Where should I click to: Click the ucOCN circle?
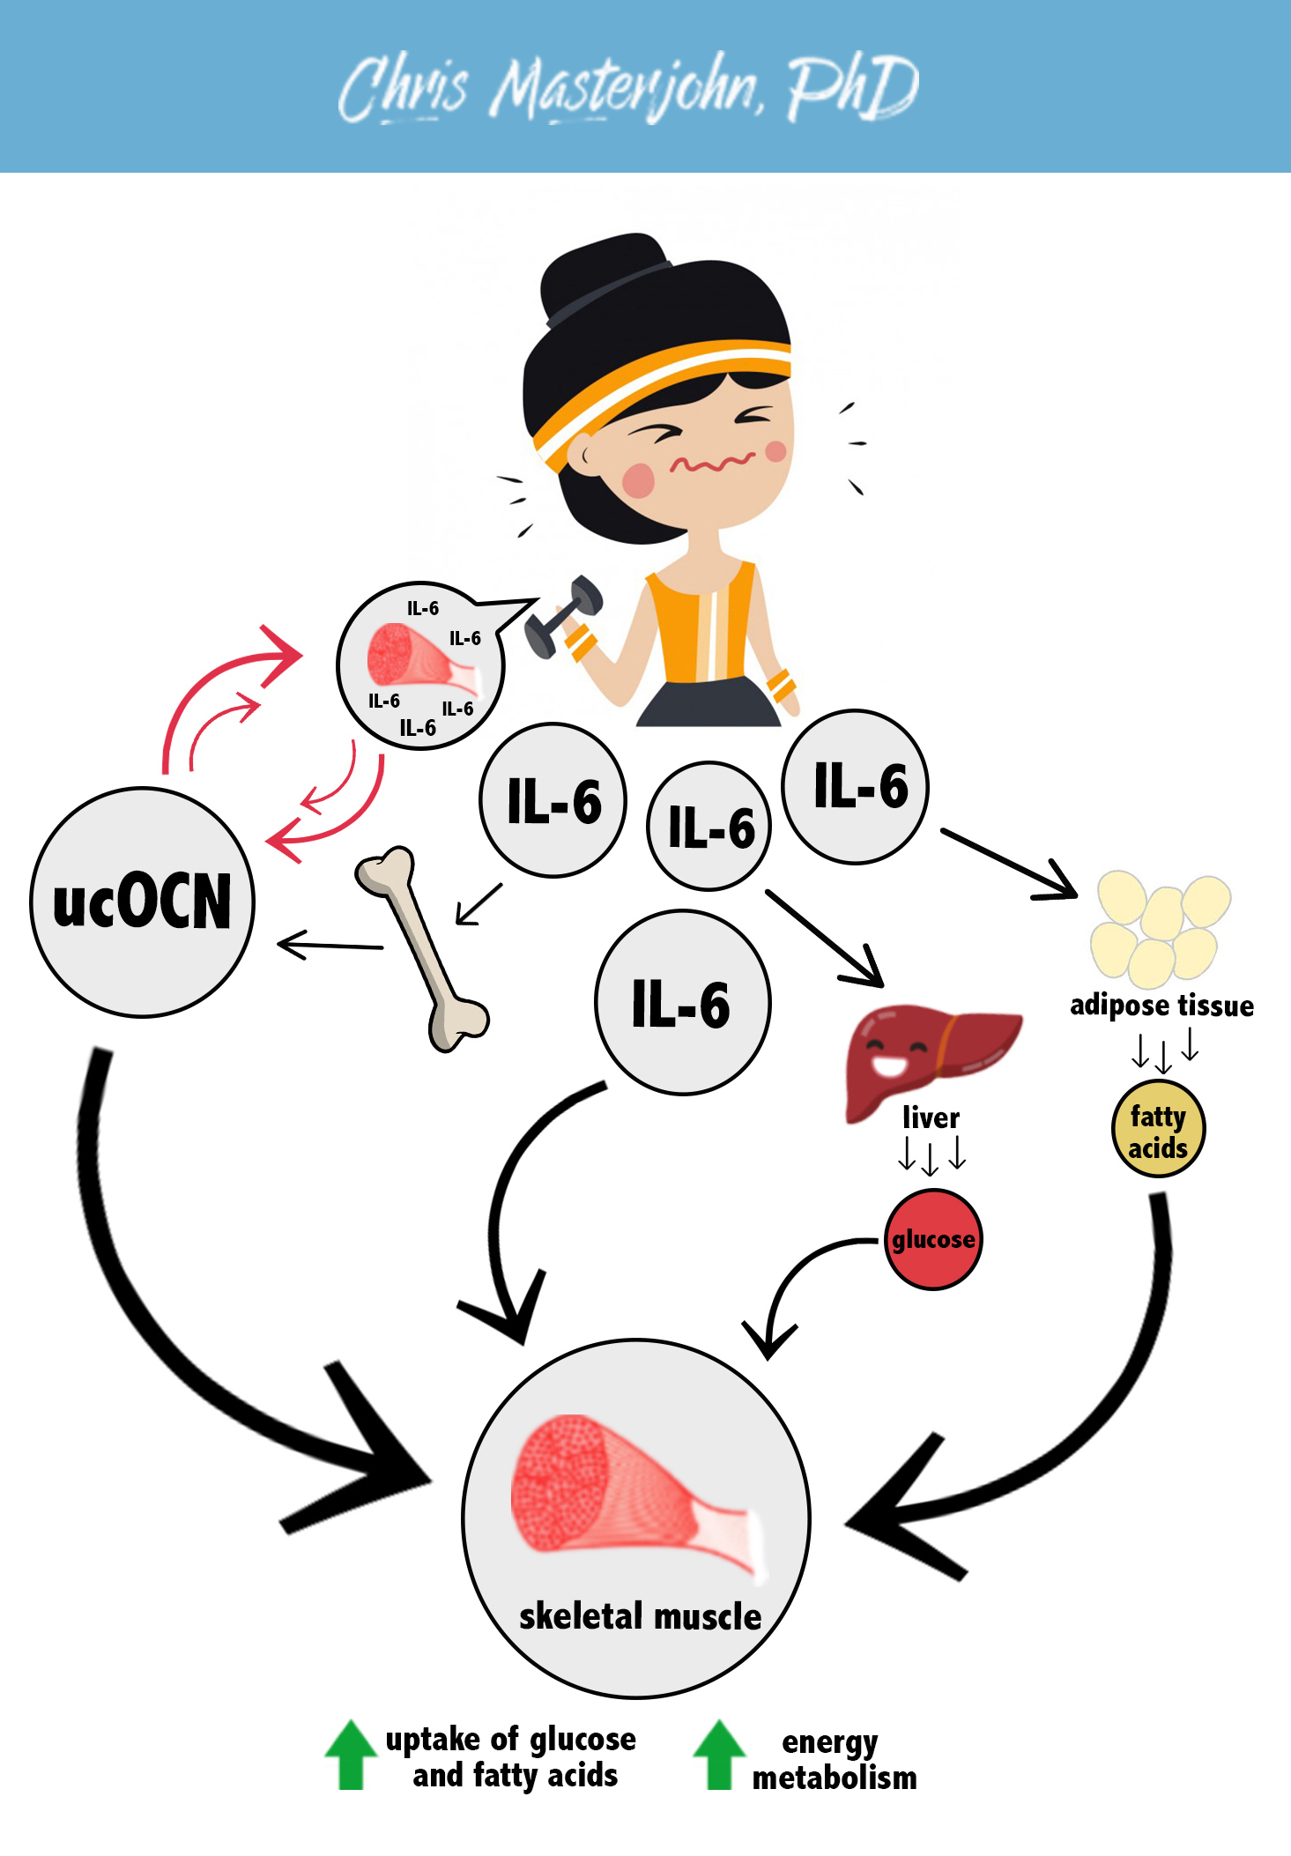pyautogui.click(x=142, y=902)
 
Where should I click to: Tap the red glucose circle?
pyautogui.click(x=932, y=1239)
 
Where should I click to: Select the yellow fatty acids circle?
pyautogui.click(x=1158, y=1130)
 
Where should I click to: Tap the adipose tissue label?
pyautogui.click(x=1161, y=1006)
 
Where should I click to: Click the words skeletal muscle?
pyautogui.click(x=640, y=1617)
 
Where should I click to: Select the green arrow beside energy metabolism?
pyautogui.click(x=719, y=1754)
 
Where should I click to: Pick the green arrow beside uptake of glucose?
pyautogui.click(x=351, y=1754)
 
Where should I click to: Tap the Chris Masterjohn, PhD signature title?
pyautogui.click(x=627, y=88)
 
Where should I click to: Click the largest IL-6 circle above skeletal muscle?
pyautogui.click(x=682, y=1003)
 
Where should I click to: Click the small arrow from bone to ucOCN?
pyautogui.click(x=330, y=946)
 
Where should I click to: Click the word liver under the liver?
pyautogui.click(x=931, y=1118)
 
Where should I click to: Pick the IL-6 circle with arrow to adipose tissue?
pyautogui.click(x=855, y=786)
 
